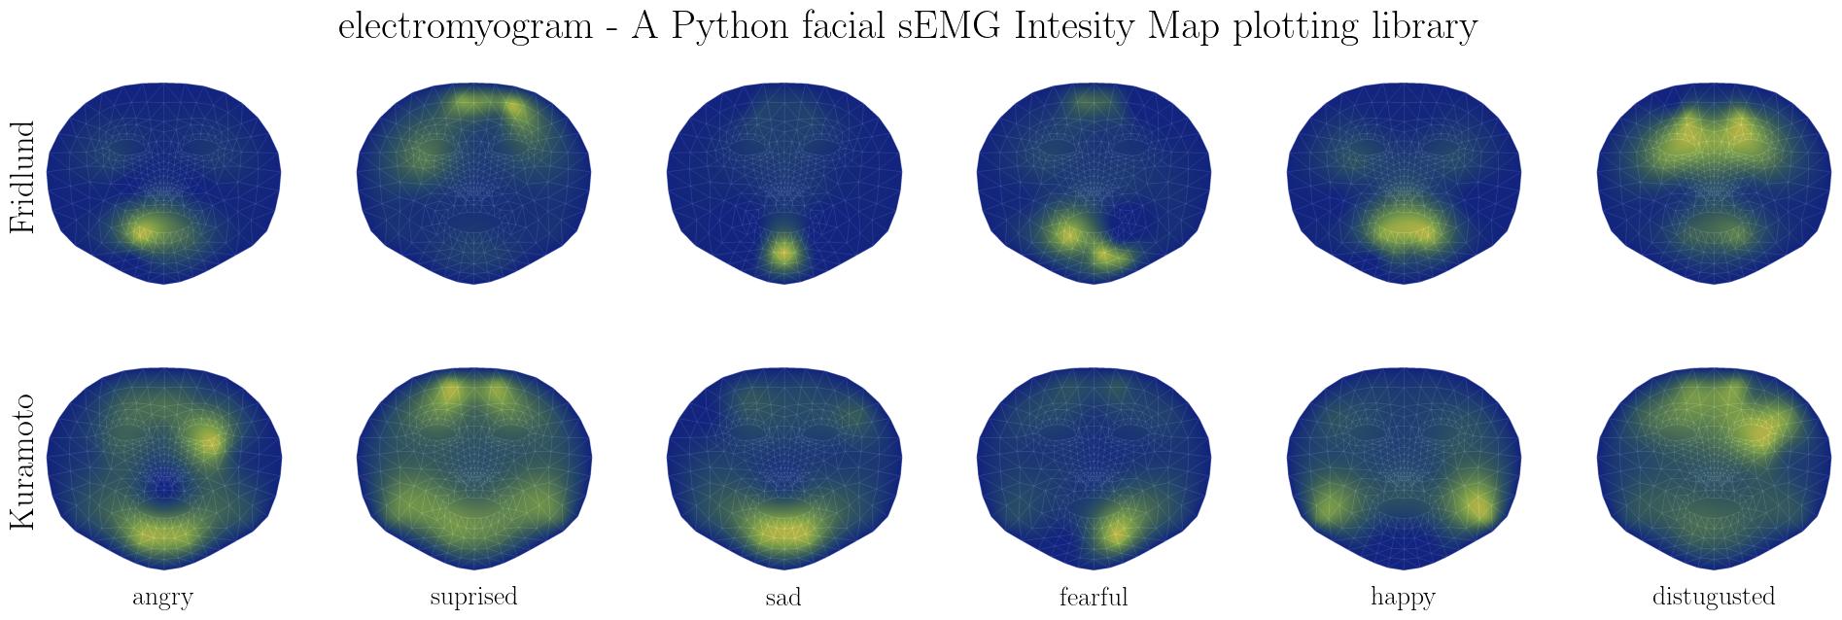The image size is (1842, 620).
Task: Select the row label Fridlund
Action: tap(21, 177)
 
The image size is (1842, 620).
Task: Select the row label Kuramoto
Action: tap(21, 462)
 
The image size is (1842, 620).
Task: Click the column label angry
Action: tap(162, 597)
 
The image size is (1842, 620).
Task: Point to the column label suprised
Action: tap(473, 597)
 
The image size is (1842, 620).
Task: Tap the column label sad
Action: tap(782, 597)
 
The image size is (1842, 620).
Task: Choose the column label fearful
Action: tap(1094, 597)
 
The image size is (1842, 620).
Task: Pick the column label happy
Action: tap(1403, 597)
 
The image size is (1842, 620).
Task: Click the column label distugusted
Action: tap(1713, 597)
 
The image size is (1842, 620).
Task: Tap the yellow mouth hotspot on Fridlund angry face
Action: tap(142, 231)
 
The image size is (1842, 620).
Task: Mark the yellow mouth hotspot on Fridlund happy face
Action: tap(1403, 229)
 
